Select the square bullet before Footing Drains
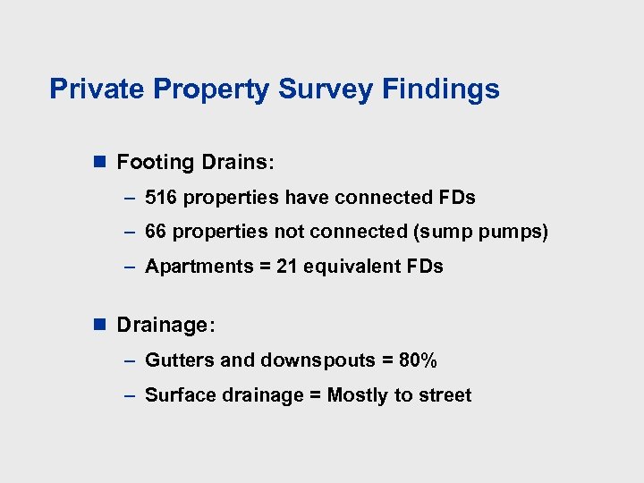(100, 163)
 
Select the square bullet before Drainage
(100, 325)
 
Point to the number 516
(161, 197)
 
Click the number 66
(156, 232)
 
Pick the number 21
(287, 267)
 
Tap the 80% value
(418, 360)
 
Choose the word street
(444, 395)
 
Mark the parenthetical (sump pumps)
(480, 232)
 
